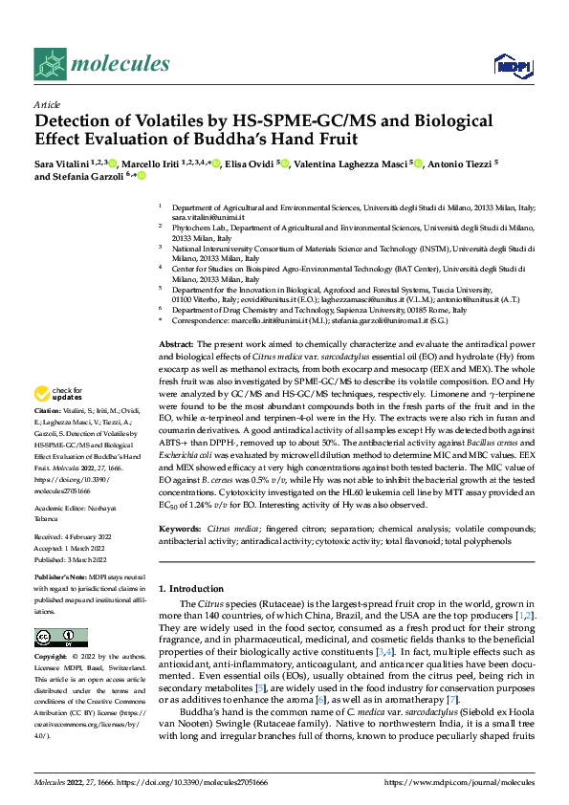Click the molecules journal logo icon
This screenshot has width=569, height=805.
pos(50,63)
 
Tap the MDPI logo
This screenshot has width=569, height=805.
pos(508,65)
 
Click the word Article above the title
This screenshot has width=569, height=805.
pos(47,104)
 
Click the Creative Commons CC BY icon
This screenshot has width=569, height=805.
pos(56,638)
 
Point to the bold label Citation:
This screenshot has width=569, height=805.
pos(49,410)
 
